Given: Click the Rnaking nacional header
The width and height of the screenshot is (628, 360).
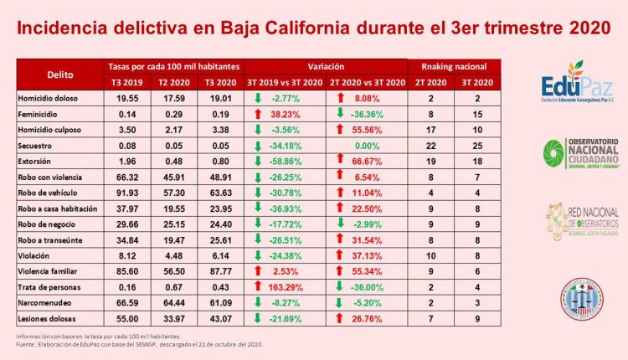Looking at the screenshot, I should pos(453,64).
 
